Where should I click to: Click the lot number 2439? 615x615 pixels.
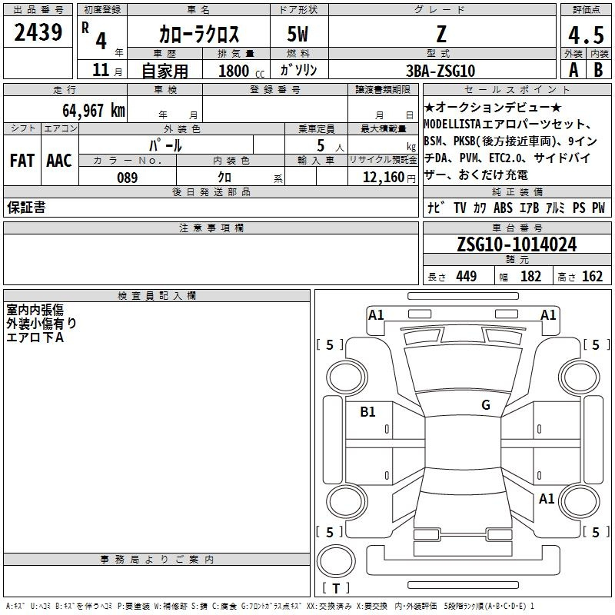pos(38,32)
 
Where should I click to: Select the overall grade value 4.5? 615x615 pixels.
pos(586,35)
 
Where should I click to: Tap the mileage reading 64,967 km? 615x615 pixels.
pos(94,111)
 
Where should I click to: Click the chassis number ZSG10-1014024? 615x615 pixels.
pos(517,244)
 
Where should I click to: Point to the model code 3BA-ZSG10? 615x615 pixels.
pos(440,71)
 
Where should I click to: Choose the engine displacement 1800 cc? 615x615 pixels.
pos(241,71)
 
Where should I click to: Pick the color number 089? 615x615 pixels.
pos(127,178)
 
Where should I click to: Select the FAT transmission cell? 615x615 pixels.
pos(22,161)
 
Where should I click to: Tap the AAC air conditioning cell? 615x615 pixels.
pos(59,161)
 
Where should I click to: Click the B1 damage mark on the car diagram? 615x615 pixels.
pos(367,411)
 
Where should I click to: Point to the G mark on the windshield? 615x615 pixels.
pos(486,404)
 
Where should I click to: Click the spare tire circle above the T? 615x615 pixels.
pos(336,561)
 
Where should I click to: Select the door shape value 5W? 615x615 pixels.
pos(298,34)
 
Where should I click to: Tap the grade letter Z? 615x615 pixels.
pos(441,34)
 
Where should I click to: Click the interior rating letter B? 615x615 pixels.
pos(598,70)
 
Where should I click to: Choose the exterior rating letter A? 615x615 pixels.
pos(573,70)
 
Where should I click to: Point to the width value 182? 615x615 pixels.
pos(530,276)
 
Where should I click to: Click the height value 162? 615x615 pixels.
pos(592,276)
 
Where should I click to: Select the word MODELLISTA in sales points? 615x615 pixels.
pos(452,125)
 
